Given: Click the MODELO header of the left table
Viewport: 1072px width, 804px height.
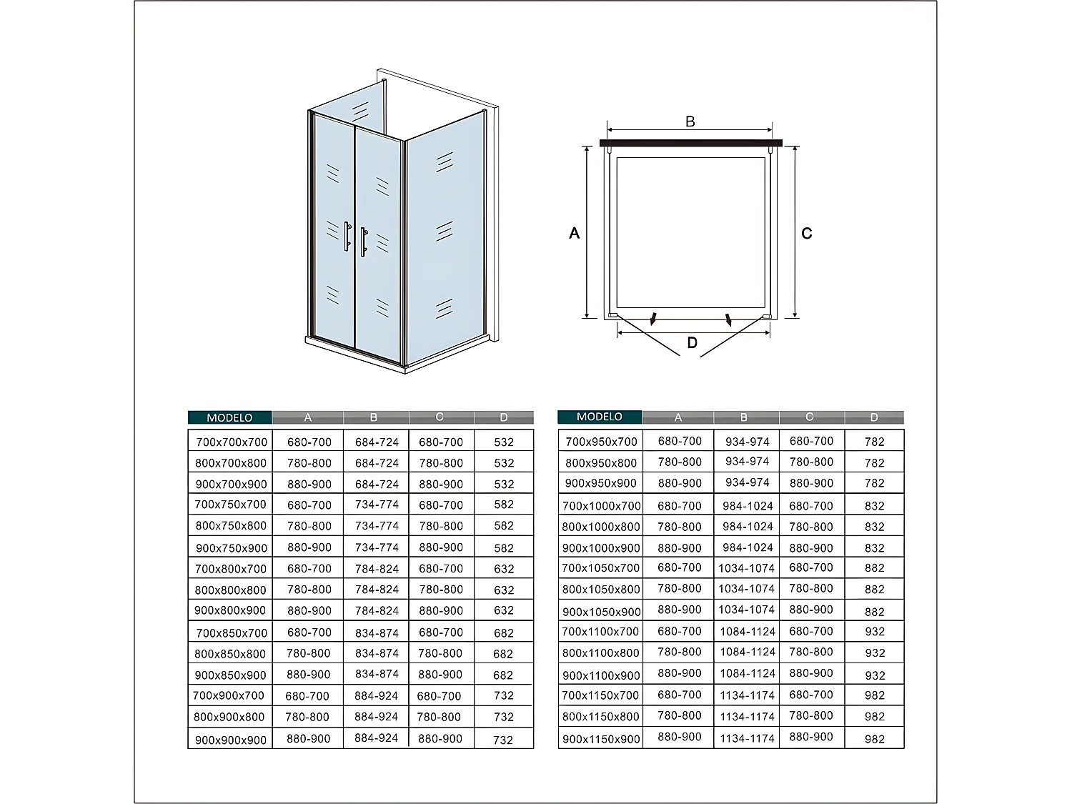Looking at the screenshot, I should (x=229, y=417).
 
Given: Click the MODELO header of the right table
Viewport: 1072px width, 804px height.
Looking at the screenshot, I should (x=600, y=417).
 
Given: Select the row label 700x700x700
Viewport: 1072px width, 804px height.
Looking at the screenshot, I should (x=232, y=442).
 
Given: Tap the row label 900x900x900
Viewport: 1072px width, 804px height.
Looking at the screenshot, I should (x=231, y=740).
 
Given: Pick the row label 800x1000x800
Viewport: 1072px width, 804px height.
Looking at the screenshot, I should (x=601, y=527).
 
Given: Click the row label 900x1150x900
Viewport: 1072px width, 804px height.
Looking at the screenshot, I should (x=601, y=739).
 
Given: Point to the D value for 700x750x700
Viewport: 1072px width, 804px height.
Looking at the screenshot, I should (x=504, y=505).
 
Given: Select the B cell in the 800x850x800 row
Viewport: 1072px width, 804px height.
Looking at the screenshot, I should (x=377, y=653).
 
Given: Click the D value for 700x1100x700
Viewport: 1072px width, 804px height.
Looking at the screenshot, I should (x=874, y=632).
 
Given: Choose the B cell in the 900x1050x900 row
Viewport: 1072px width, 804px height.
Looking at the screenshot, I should (x=747, y=610).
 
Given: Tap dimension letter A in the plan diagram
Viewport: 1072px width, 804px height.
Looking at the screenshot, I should (x=574, y=234).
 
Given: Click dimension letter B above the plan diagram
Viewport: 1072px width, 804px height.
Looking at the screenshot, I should (x=690, y=122).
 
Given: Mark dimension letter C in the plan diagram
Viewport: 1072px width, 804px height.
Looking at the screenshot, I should (x=807, y=234).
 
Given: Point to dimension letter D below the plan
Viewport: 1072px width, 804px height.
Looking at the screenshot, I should (x=692, y=343).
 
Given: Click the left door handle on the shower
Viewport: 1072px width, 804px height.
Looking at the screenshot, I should (x=347, y=237).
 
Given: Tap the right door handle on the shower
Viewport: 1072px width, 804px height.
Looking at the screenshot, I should (x=363, y=242).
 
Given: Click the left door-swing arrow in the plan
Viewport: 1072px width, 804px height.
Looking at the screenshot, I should (x=652, y=319).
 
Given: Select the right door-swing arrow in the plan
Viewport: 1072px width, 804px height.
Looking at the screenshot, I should (x=728, y=319).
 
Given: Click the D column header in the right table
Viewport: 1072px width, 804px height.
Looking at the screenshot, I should (x=873, y=417).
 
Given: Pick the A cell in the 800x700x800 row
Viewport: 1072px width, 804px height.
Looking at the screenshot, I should (x=309, y=463).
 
